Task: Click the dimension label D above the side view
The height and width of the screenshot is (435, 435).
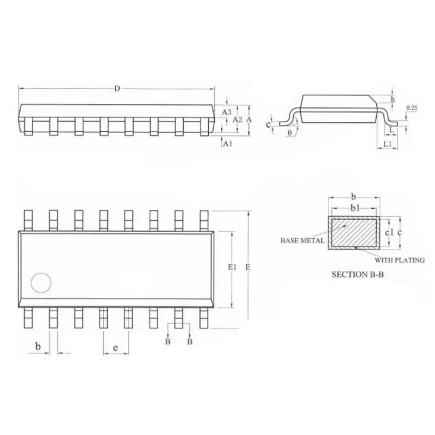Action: click(x=117, y=89)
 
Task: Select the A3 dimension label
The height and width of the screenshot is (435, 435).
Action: click(x=227, y=111)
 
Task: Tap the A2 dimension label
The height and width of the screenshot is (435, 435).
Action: click(x=238, y=119)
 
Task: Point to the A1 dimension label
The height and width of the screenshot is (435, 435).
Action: click(x=228, y=144)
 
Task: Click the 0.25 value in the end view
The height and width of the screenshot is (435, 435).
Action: click(x=412, y=109)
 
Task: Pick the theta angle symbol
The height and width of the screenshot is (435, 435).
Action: click(x=289, y=132)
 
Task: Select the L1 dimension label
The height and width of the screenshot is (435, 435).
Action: click(x=388, y=144)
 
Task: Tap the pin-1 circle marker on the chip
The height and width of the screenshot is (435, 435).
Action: click(x=41, y=282)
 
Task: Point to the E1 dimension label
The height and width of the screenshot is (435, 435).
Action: click(x=233, y=267)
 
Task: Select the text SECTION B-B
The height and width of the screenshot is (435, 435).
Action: click(x=358, y=275)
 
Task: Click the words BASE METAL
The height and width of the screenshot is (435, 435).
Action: click(x=303, y=240)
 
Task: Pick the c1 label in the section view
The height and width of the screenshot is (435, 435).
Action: click(x=389, y=232)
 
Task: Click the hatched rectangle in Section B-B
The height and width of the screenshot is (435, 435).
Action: click(x=354, y=232)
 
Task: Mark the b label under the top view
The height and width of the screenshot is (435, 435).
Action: click(x=38, y=346)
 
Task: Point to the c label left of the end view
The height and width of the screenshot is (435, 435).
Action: click(x=268, y=125)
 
